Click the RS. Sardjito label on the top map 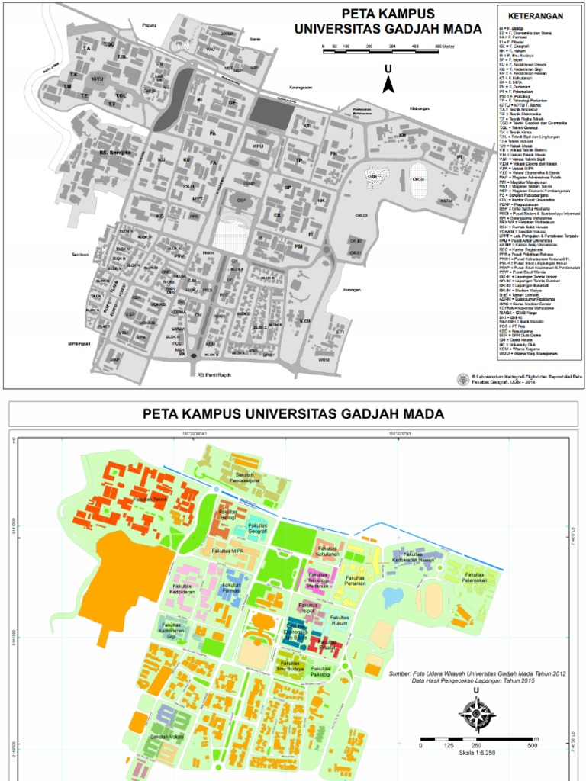[x=115, y=152]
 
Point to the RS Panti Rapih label [x=213, y=374]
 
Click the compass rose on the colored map [x=477, y=715]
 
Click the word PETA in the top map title [x=360, y=14]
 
